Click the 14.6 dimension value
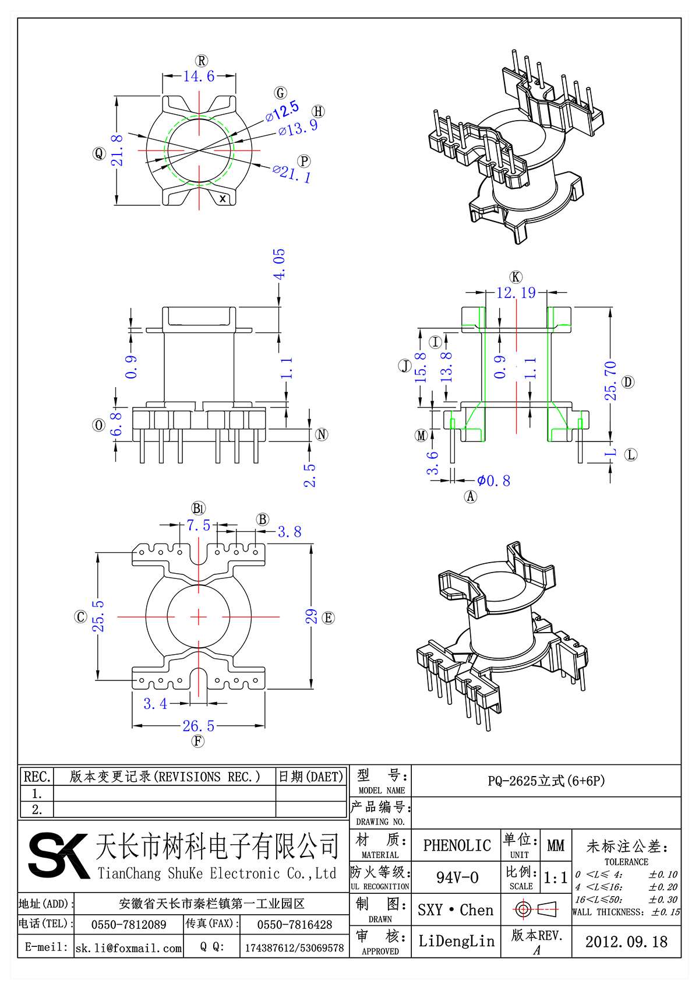point(199,76)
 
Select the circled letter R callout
point(202,61)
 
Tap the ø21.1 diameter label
point(292,173)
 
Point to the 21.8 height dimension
point(118,150)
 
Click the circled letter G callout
point(281,93)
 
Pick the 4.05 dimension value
point(280,264)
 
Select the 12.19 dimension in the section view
point(516,293)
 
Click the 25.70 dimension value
point(610,381)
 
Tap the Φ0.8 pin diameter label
point(493,481)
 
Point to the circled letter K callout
point(516,277)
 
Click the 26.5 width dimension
point(199,726)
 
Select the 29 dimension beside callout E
point(312,617)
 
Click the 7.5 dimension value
point(199,525)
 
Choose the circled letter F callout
point(198,741)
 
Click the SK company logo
point(58,855)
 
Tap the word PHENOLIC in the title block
point(457,845)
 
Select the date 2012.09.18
point(626,942)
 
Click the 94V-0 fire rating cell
point(457,877)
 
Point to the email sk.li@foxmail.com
point(129,948)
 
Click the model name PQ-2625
point(546,781)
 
